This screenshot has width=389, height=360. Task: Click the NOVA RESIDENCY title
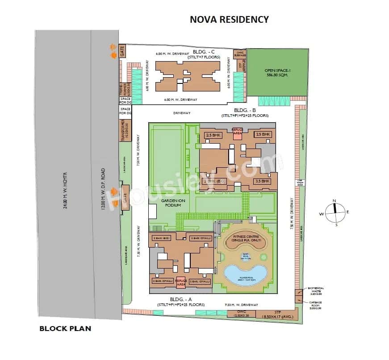pos(230,19)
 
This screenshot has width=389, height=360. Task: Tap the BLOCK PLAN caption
pos(65,329)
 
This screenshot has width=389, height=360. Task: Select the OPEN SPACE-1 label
pos(277,72)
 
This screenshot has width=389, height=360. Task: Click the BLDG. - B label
pos(245,110)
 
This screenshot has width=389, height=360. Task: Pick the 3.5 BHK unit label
pos(263,182)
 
